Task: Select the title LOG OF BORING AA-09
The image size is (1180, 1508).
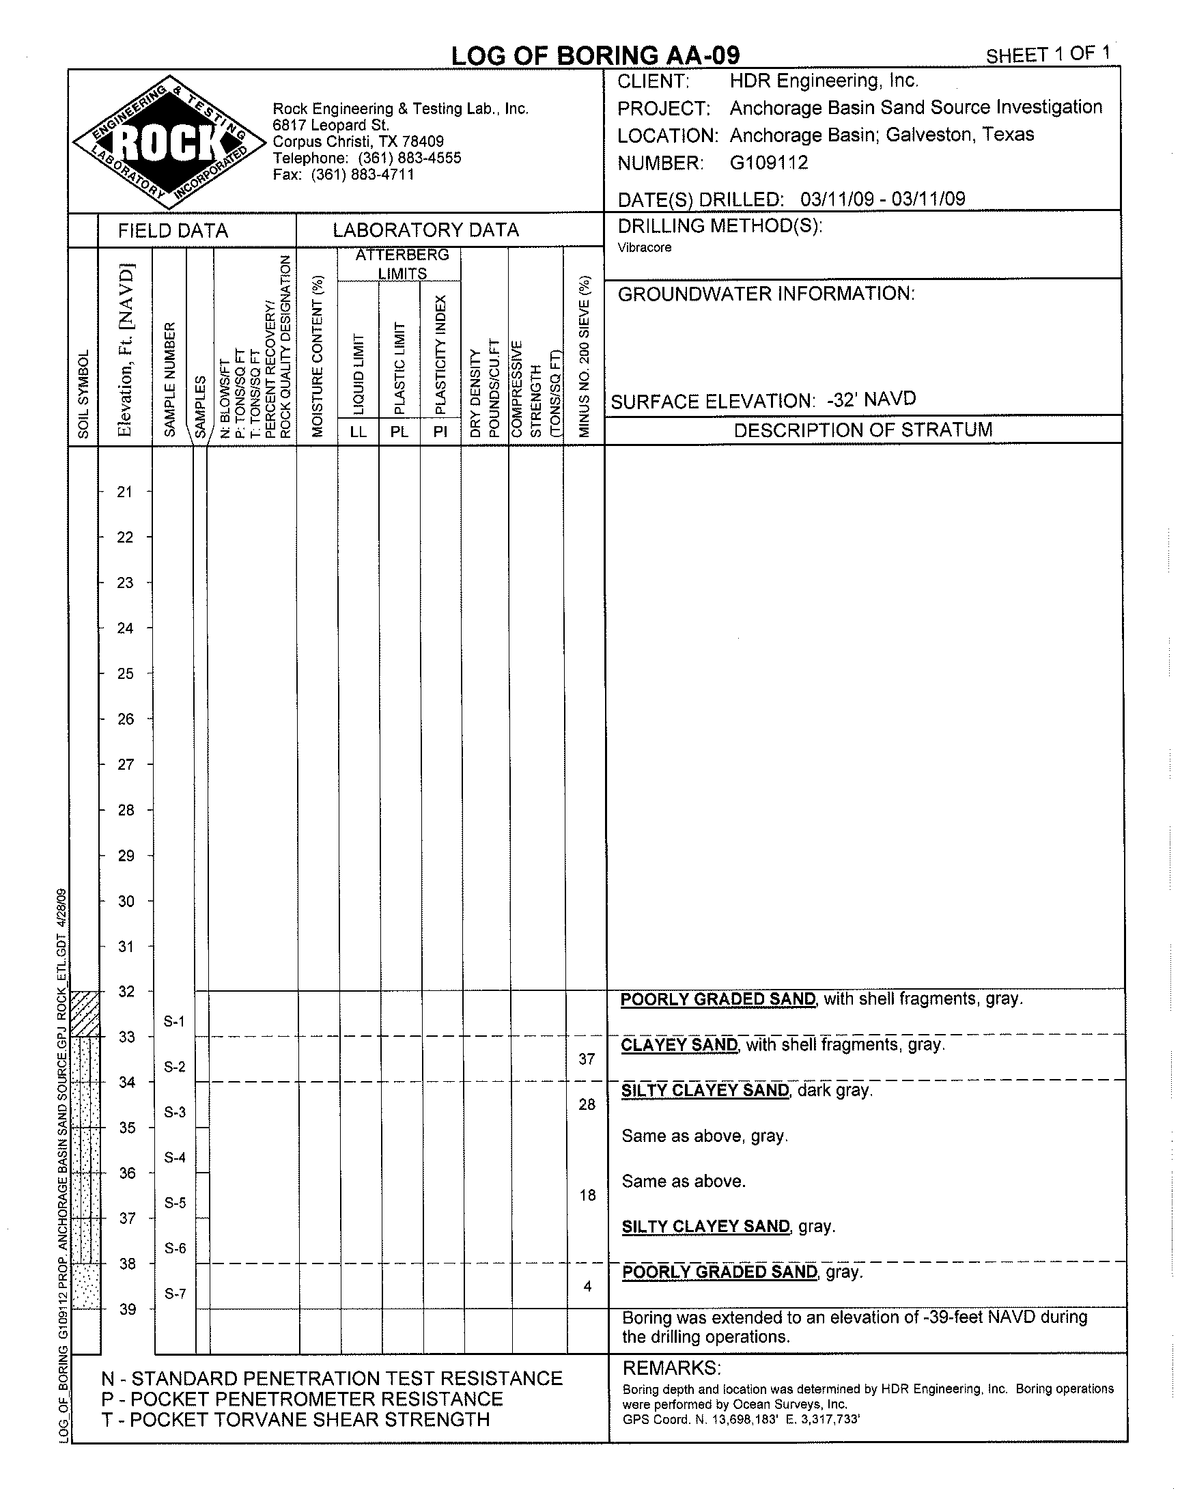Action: click(x=595, y=55)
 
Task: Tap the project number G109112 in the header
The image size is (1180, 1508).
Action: click(x=768, y=163)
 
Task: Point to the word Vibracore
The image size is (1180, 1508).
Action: click(x=644, y=248)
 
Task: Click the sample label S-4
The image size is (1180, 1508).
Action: click(x=175, y=1157)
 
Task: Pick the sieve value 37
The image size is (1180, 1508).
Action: click(x=587, y=1059)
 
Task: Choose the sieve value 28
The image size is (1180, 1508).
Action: click(x=587, y=1104)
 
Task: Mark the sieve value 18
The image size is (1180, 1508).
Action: click(x=587, y=1195)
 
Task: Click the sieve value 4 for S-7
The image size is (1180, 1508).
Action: click(x=587, y=1285)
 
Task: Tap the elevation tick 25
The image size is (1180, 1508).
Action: click(x=125, y=673)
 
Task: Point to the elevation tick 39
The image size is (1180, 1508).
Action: click(x=128, y=1309)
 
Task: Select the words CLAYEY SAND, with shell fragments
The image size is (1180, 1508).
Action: click(x=782, y=1044)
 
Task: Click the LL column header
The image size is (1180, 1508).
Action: click(x=359, y=432)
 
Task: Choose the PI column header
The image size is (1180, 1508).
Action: click(x=440, y=432)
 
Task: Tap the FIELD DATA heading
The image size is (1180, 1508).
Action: click(x=173, y=231)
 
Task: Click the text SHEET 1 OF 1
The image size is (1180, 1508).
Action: click(x=1048, y=55)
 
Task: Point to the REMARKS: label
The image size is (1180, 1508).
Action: click(x=671, y=1368)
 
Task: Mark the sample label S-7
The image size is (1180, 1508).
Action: click(x=175, y=1293)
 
